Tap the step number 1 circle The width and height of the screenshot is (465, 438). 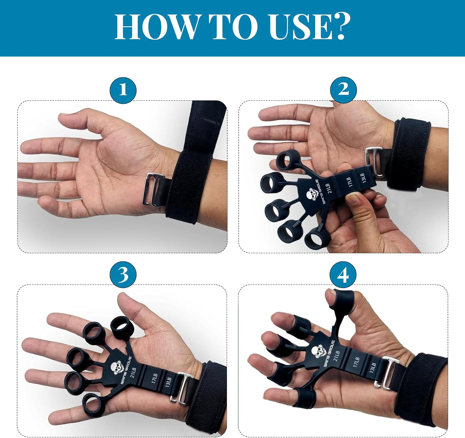[x=123, y=90]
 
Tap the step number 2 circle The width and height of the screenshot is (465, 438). [x=343, y=90]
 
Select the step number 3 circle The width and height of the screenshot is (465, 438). [x=123, y=274]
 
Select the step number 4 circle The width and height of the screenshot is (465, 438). [x=343, y=274]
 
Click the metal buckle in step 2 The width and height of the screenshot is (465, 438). [x=375, y=162]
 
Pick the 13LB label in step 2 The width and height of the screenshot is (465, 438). [x=362, y=178]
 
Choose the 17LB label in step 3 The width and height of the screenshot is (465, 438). [x=154, y=379]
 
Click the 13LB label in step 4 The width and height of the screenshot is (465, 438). [x=373, y=367]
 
